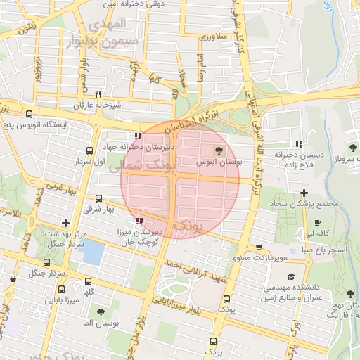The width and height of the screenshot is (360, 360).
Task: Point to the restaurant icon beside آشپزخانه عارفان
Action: coord(98,94)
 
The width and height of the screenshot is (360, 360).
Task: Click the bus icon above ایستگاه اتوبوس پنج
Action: coord(29,115)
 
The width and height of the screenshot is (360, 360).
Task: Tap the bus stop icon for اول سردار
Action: coord(89,150)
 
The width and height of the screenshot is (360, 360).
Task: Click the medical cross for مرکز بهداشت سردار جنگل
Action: coord(65,223)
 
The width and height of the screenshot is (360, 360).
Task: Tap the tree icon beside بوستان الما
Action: coord(101,311)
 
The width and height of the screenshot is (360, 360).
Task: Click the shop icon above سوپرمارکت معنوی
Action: coord(259,247)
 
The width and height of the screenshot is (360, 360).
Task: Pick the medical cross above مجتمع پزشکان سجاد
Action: coord(304,193)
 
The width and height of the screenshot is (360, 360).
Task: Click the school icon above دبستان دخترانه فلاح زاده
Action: coord(300,144)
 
